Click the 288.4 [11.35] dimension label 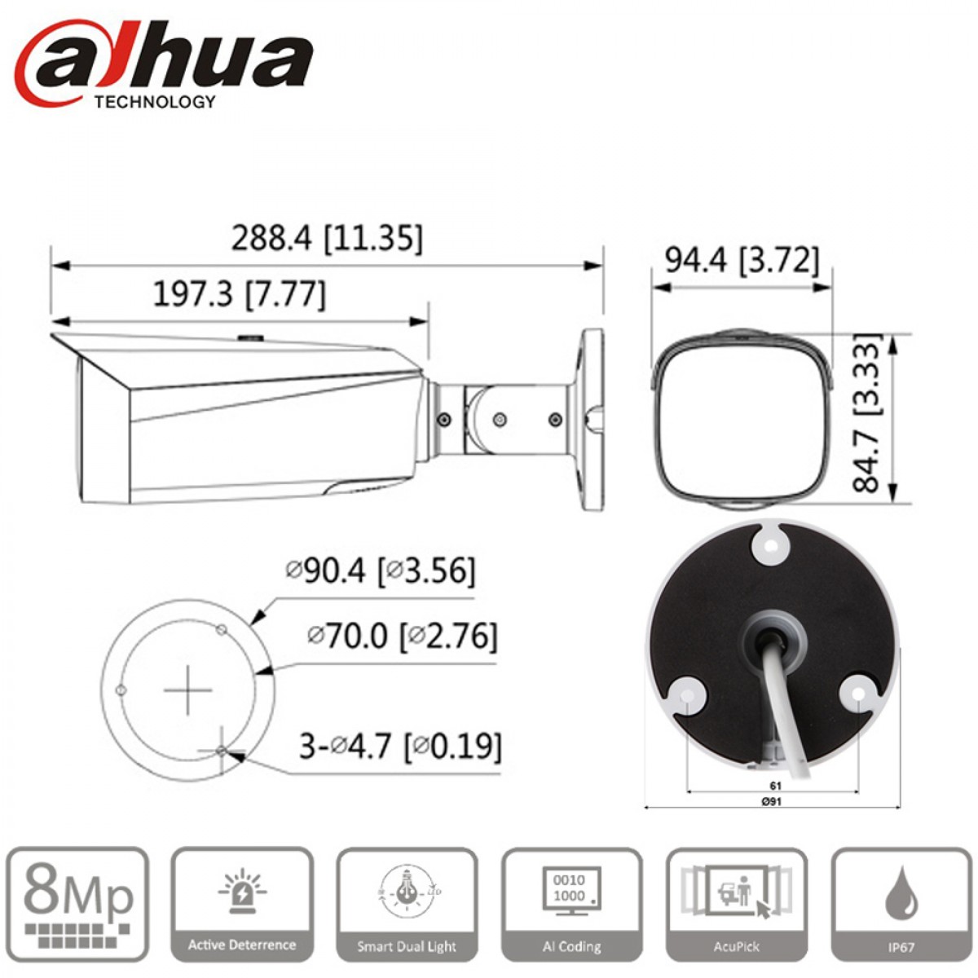[x=327, y=239]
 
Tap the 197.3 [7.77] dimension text [x=240, y=294]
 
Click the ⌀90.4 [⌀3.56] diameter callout [x=380, y=571]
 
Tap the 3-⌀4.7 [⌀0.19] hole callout [x=400, y=746]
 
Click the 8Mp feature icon [x=77, y=904]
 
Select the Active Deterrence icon [x=242, y=904]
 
